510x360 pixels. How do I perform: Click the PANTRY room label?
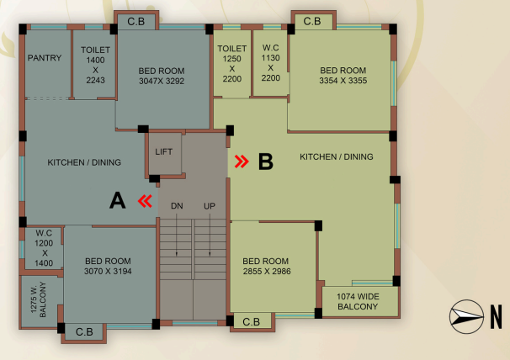pos(45,58)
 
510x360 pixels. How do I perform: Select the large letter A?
pos(118,200)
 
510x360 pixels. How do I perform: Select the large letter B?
pos(265,161)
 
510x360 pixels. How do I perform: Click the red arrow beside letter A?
pos(145,201)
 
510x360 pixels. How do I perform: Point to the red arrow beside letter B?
pos(242,161)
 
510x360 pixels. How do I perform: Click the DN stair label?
pos(177,206)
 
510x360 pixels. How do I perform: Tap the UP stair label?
pos(210,206)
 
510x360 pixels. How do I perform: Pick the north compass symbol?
pos(466,316)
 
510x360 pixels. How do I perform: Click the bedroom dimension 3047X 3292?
pos(162,81)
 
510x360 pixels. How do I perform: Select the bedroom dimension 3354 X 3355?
pos(343,80)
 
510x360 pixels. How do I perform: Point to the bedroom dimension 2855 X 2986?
pos(267,271)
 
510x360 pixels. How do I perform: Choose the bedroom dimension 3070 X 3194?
pos(108,271)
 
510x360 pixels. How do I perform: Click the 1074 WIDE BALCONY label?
pos(358,301)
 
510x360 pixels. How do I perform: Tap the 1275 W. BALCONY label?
pos(39,299)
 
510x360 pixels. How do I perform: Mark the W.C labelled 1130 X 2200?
pos(271,63)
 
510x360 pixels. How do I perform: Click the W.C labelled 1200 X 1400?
pos(44,248)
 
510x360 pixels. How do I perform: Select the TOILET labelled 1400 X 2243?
pos(95,65)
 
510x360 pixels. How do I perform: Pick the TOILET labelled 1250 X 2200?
pos(232,64)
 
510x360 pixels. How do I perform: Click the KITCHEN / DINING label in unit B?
pos(337,156)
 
